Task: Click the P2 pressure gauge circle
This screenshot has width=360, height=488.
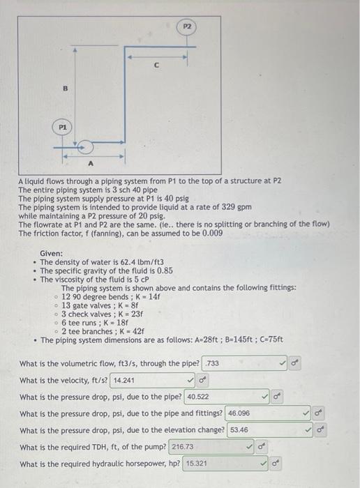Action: pos(187,26)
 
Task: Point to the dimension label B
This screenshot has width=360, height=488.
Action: pos(65,89)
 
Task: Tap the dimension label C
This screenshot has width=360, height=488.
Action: pos(156,66)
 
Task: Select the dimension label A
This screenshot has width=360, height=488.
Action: pos(91,164)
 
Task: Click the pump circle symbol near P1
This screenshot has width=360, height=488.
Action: pos(85,147)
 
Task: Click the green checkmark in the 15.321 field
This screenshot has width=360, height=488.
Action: pos(264,464)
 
